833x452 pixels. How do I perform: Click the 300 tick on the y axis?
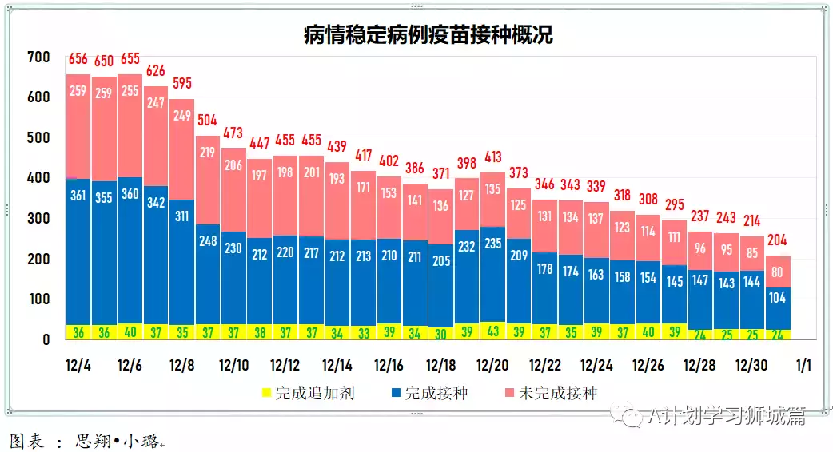click(38, 219)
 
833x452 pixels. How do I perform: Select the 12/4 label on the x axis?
click(78, 365)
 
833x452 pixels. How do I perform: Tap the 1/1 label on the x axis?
click(803, 365)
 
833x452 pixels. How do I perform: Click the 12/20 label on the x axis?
click(492, 365)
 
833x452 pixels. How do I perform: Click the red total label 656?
click(78, 59)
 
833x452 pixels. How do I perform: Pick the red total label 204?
click(778, 240)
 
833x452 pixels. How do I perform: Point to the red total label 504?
click(207, 121)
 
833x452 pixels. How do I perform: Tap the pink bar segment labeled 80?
click(778, 272)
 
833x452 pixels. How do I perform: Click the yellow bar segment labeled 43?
click(492, 331)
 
